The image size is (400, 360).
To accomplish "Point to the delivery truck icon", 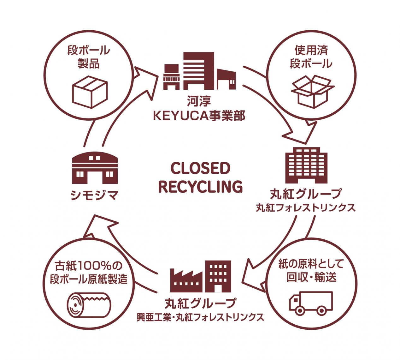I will point(311,303).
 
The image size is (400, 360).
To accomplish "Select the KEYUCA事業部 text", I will point(199,116).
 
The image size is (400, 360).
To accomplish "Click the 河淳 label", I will point(199,102).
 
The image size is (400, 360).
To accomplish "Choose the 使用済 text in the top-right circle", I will point(311,51).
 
